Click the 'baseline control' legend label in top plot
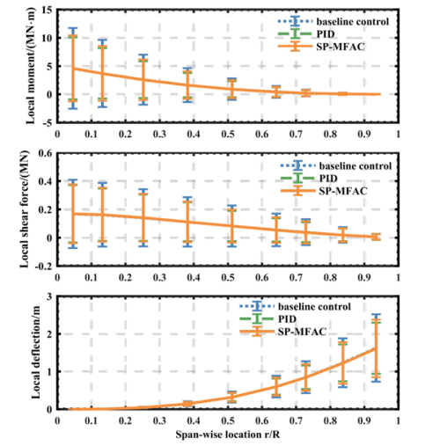[353, 21]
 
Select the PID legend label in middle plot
[328, 179]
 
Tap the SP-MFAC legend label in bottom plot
[302, 332]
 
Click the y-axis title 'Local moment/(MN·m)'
[31, 66]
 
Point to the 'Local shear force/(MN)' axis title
[25, 209]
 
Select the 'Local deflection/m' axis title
[35, 353]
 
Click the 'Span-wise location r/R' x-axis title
[228, 435]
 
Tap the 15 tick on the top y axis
[47, 10]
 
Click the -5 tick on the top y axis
[47, 122]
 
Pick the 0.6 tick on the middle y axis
[45, 153]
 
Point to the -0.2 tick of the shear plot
[43, 266]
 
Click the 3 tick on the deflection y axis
[49, 296]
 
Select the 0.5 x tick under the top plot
[228, 134]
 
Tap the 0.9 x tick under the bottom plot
[364, 420]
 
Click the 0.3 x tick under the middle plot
[159, 277]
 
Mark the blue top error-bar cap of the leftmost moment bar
[72, 28]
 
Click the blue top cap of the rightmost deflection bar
[376, 315]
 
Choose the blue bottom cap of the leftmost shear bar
[72, 248]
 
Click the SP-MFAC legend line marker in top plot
[295, 47]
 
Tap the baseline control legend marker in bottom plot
[257, 306]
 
